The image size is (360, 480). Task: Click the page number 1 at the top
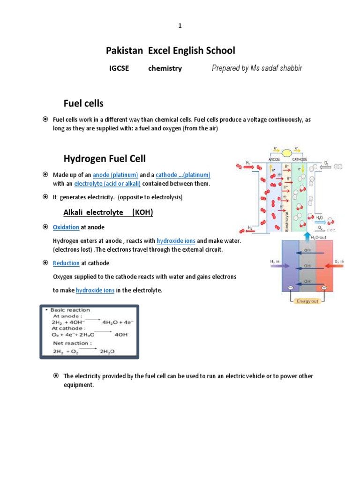click(180, 26)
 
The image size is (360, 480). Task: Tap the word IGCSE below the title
click(119, 68)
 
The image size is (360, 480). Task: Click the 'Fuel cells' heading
click(83, 103)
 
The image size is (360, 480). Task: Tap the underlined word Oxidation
click(66, 227)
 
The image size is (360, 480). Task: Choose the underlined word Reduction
click(66, 263)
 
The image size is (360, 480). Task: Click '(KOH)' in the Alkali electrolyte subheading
click(142, 212)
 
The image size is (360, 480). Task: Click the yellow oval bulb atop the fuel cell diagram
click(285, 153)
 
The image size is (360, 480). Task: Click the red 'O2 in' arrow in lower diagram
click(331, 266)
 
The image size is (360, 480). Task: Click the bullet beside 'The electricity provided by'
click(56, 376)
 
